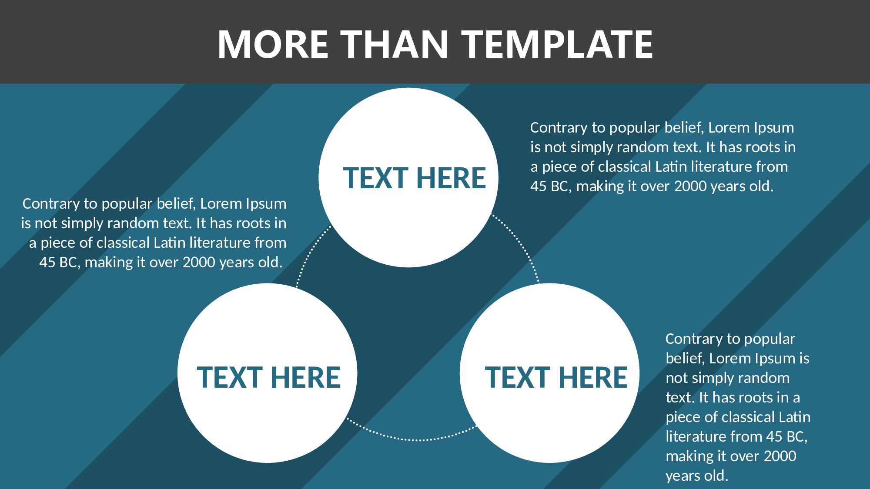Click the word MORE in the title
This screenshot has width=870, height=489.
pyautogui.click(x=273, y=44)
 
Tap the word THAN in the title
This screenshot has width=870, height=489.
pyautogui.click(x=394, y=44)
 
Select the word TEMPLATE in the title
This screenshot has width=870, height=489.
pyautogui.click(x=557, y=44)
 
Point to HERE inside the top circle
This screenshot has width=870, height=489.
pyautogui.click(x=451, y=178)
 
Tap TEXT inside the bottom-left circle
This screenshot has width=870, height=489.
pyautogui.click(x=230, y=377)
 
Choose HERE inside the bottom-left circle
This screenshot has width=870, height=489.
pyautogui.click(x=305, y=377)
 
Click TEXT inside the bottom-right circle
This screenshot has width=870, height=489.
pyautogui.click(x=518, y=377)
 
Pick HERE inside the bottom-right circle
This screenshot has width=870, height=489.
pyautogui.click(x=593, y=377)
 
